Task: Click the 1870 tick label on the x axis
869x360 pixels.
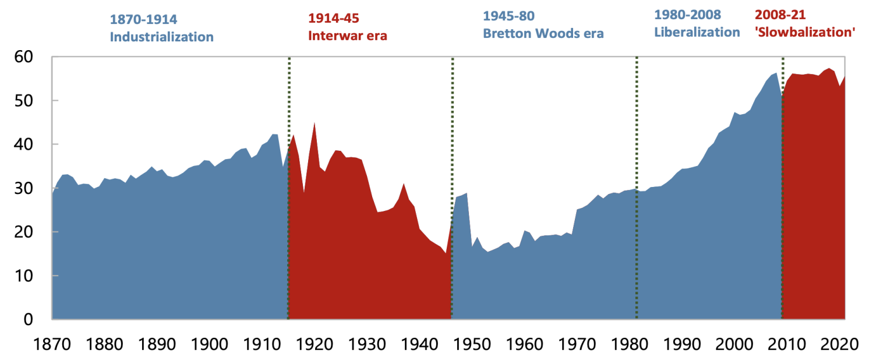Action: coord(51,343)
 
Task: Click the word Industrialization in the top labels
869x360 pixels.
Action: coord(162,37)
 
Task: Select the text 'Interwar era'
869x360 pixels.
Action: coord(348,36)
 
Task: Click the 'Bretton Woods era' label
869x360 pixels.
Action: coord(543,33)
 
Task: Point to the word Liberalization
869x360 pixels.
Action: coord(697,32)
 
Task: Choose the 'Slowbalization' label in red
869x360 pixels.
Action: coord(804,32)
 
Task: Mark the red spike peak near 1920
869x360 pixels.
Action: coord(315,122)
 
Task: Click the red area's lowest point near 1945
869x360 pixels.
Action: coord(446,253)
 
